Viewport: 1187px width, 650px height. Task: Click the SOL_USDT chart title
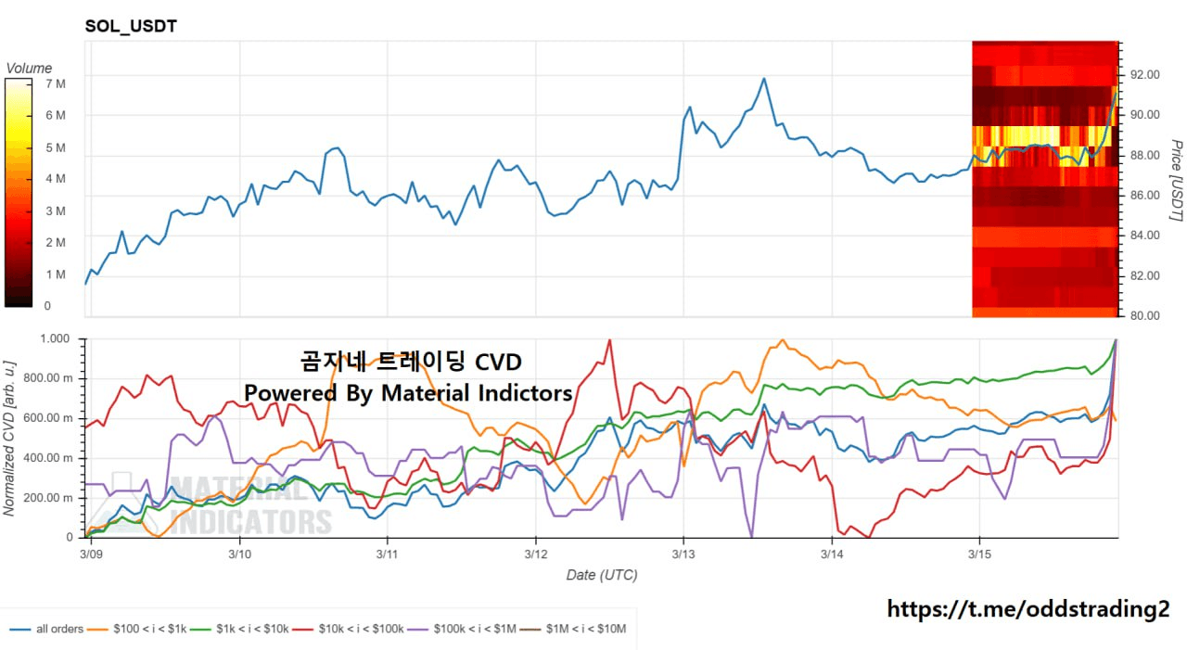[131, 26]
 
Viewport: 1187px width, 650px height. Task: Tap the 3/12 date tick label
[536, 554]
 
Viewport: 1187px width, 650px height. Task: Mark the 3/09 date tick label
[92, 554]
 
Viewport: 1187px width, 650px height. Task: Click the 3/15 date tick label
[980, 554]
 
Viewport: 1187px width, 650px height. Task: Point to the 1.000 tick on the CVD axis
[57, 339]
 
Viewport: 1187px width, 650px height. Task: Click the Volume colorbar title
[29, 69]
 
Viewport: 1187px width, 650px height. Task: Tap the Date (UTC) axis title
[602, 576]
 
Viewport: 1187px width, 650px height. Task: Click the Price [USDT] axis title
[1175, 181]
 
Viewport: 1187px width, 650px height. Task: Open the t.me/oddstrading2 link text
[1028, 609]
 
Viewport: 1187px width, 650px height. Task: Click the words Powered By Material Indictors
[408, 393]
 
